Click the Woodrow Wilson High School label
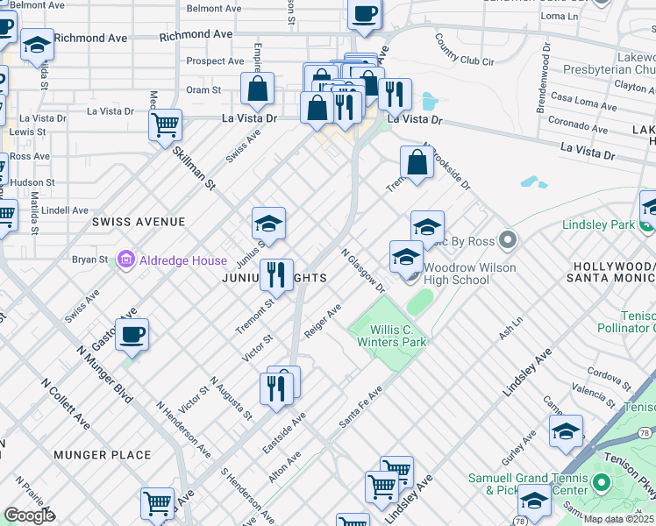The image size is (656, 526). [x=456, y=274]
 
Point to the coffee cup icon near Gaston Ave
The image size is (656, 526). [x=132, y=333]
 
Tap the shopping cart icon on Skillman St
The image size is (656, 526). [x=165, y=125]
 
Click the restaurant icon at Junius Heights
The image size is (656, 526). [x=276, y=274]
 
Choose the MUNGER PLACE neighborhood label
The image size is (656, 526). [x=102, y=455]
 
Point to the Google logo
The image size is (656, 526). [x=29, y=515]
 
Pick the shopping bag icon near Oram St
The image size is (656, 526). [x=258, y=89]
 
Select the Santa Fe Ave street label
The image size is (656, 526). [x=361, y=408]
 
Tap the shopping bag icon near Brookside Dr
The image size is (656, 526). [x=417, y=162]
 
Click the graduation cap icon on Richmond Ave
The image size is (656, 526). [x=37, y=46]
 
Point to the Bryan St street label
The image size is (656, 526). [x=89, y=259]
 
